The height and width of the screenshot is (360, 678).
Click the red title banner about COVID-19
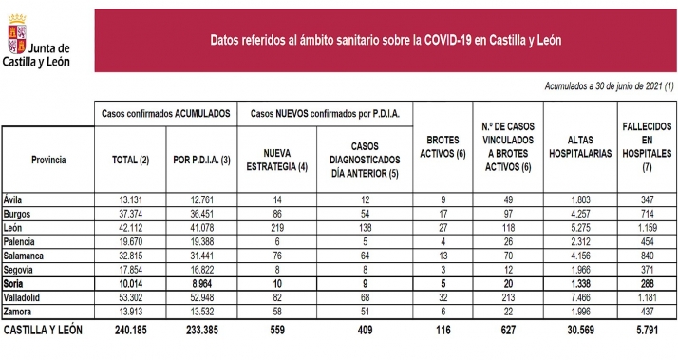click(x=385, y=41)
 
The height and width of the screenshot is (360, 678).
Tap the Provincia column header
click(x=48, y=161)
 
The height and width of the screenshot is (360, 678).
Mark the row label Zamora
click(x=19, y=311)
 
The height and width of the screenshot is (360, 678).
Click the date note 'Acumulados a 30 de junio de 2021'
click(x=594, y=86)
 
